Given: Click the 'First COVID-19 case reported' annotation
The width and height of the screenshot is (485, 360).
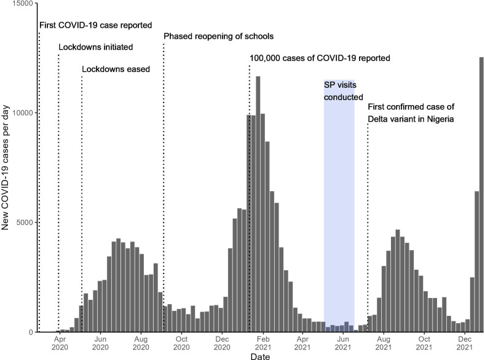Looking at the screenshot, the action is (x=95, y=25).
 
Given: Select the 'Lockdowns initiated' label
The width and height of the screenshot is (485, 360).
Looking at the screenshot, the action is (x=95, y=47).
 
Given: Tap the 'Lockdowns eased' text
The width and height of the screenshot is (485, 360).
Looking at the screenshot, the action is (x=116, y=69).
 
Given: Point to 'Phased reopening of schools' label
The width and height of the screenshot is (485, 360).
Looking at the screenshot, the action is (x=218, y=36).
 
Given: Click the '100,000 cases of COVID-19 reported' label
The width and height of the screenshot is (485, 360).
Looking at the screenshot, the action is (x=320, y=58).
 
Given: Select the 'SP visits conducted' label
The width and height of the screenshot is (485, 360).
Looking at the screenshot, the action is (x=344, y=91).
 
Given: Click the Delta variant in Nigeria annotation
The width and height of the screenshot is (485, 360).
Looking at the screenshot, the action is (x=411, y=113).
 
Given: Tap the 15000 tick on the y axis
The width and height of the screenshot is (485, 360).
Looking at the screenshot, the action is (x=22, y=4).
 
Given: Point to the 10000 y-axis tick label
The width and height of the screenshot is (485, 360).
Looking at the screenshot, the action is (x=22, y=113).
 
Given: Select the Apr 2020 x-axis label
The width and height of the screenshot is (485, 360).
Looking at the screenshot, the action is (x=60, y=343).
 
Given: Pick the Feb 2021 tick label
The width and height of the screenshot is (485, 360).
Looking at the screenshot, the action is (x=262, y=343).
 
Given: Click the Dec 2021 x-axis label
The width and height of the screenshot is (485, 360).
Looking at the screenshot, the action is (x=465, y=343).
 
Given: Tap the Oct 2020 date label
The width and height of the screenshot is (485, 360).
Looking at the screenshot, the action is (x=181, y=343).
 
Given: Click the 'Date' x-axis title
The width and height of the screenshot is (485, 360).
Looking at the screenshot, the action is (x=260, y=356).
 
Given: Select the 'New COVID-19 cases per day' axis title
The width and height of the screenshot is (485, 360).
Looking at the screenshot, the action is (x=6, y=168).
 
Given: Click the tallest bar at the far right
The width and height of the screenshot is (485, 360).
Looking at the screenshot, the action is (x=481, y=195).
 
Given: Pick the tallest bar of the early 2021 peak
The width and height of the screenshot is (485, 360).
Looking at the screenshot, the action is (x=258, y=204).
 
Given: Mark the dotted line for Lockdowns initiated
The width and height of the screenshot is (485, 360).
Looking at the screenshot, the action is (x=58, y=193).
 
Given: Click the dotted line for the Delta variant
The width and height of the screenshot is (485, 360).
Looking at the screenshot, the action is (x=368, y=228).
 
